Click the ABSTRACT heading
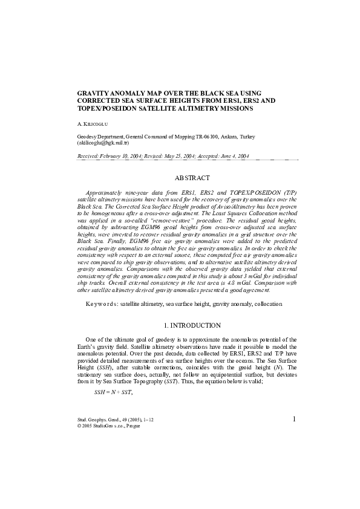(192, 178)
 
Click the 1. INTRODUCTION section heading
(192, 325)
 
